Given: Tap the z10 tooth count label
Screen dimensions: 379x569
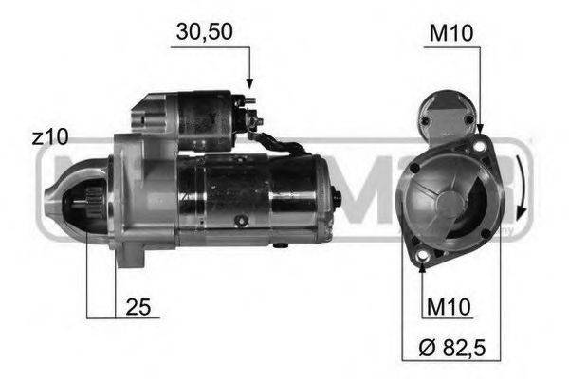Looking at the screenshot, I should [49, 138].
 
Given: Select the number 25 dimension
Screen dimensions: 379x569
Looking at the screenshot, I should [139, 308].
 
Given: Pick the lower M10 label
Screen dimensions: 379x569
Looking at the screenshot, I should [449, 308].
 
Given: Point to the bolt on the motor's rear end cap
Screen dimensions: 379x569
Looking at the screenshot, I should [336, 197].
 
